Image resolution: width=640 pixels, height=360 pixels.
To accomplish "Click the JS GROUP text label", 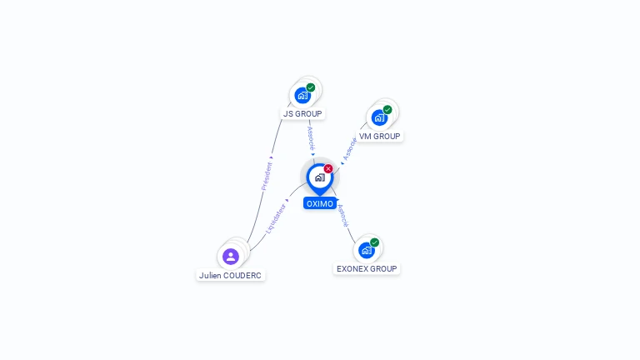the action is pos(302,113).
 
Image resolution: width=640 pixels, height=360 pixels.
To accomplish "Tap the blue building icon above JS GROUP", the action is pos(302,95).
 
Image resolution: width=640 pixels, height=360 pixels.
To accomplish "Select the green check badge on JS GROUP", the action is pos(311,87).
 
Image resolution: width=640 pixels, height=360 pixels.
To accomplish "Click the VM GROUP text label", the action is pos(379,136).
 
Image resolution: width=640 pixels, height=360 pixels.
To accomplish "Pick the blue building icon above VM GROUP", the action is pos(379,117).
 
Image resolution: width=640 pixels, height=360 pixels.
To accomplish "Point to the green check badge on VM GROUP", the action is pos(387,109).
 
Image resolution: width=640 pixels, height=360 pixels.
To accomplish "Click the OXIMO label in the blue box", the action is pos(320,203).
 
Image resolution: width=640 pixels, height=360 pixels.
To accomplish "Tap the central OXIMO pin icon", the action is pos(319,177).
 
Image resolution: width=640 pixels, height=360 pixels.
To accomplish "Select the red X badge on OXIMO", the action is pos(328,168).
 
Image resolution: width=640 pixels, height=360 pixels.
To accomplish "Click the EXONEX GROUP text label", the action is pos(367,268).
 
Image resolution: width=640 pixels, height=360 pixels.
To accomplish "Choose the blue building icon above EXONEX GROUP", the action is pos(366,250).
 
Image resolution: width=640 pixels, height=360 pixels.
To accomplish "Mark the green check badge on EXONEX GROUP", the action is pos(375,242).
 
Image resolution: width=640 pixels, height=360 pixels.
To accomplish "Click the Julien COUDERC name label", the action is pos(231,275).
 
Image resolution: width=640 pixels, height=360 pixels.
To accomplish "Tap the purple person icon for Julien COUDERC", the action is pos(231,256).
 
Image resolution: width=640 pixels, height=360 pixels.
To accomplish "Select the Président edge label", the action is pos(267,176).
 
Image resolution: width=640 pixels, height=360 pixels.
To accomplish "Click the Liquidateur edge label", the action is pos(275,217).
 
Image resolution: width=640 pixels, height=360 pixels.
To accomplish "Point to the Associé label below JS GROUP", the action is pos(310,137).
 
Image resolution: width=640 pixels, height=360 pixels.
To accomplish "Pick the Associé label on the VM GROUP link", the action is pos(350,147).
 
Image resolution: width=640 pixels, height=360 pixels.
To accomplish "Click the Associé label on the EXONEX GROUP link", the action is pos(342,215).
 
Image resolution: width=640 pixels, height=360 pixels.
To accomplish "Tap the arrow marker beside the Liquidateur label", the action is pos(287,201).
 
